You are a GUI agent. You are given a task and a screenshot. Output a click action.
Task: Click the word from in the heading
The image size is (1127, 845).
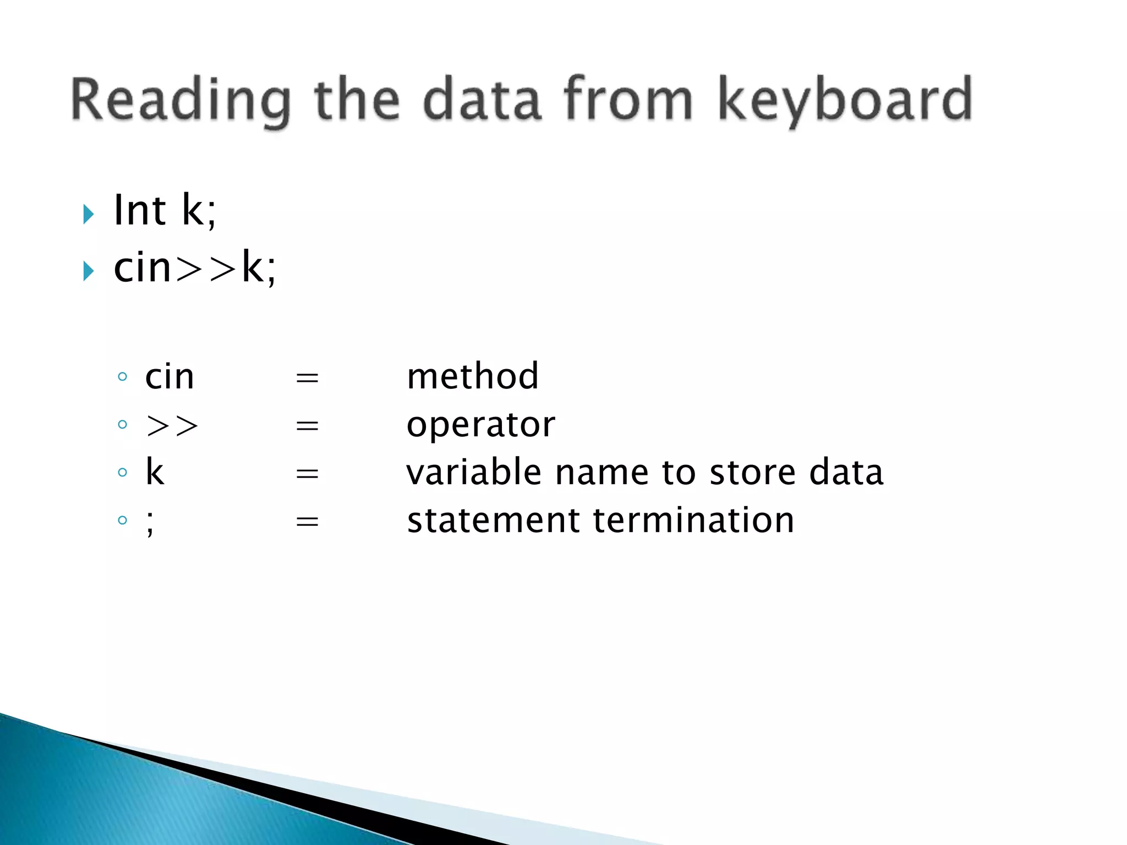[627, 99]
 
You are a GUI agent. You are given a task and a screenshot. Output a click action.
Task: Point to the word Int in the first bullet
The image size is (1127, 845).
[139, 211]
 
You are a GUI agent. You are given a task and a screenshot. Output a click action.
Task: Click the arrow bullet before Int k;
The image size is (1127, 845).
[89, 214]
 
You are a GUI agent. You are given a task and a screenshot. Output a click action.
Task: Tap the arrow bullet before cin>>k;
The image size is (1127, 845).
[89, 271]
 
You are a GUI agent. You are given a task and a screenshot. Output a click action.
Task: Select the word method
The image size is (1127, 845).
[472, 377]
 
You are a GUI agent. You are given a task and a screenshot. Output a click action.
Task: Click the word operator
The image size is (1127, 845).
[481, 425]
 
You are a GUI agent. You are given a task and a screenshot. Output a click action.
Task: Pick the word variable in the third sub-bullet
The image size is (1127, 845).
[474, 473]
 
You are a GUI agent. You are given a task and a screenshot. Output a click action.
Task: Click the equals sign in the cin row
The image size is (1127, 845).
[307, 378]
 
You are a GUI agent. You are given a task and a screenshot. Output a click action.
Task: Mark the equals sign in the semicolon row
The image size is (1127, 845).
[307, 521]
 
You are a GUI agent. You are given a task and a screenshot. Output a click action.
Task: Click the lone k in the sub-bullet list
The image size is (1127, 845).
[155, 473]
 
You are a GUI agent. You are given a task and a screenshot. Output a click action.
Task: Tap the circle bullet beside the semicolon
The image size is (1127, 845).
[123, 520]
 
